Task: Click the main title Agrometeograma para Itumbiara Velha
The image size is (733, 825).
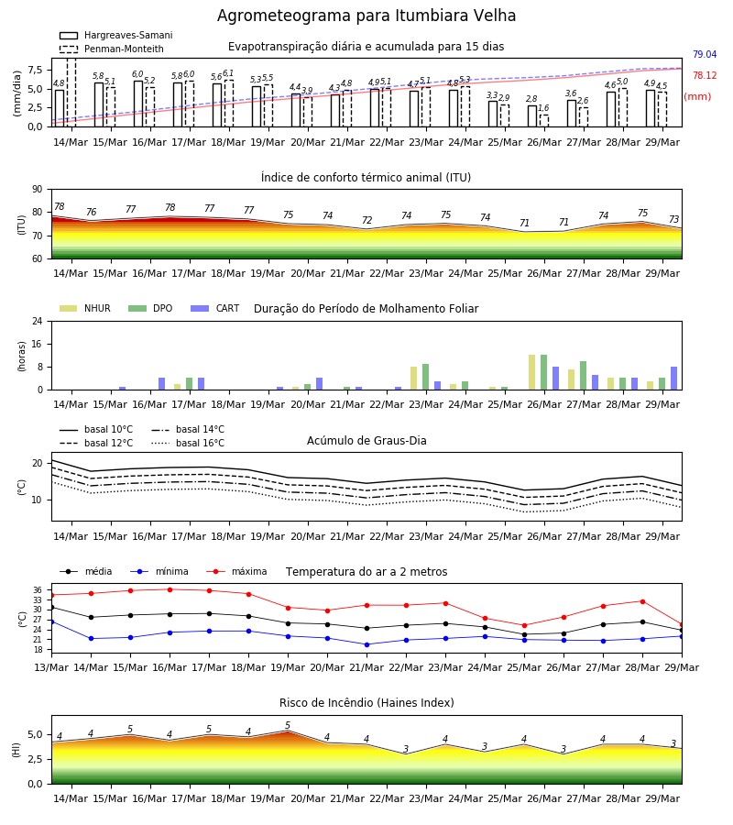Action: coord(366,16)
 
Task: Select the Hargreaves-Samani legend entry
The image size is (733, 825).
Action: coord(115,35)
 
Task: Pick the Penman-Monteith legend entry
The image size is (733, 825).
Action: coord(112,49)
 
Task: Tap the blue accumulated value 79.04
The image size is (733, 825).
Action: coord(705,55)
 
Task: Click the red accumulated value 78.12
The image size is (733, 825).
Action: coord(705,76)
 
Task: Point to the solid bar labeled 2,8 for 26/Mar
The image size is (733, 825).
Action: coord(532,116)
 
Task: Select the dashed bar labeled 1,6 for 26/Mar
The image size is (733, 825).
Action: coord(543,121)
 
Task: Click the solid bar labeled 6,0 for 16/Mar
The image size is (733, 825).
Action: coord(138,104)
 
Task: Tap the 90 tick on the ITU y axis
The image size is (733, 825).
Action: coord(38,190)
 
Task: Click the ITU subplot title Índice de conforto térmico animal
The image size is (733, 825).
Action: coord(366,177)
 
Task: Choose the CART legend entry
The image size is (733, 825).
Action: coord(215,308)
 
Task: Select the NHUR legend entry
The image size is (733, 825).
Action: coord(85,308)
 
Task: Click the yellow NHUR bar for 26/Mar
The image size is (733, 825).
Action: coord(532,372)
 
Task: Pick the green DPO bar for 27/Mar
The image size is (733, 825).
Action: coord(583,376)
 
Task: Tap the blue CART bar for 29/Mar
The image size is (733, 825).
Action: coord(673,379)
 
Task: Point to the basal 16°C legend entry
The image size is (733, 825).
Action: coord(188,443)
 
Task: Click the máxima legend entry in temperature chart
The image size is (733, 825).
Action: coord(236,571)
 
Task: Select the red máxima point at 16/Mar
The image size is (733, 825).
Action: coord(170,589)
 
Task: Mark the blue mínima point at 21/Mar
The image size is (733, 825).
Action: coord(366,644)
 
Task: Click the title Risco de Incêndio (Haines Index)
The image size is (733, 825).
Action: coord(366,703)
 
